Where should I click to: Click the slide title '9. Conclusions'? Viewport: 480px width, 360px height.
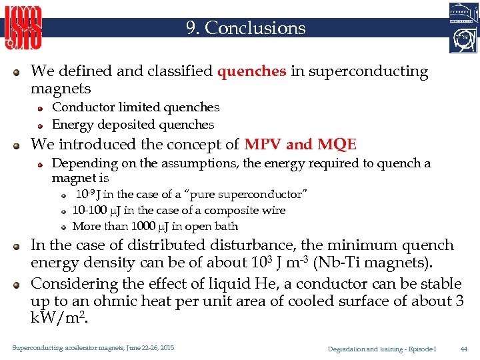[x=245, y=28]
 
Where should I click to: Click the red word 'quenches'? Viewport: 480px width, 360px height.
[x=252, y=71]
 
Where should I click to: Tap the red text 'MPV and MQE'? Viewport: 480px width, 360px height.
[x=300, y=145]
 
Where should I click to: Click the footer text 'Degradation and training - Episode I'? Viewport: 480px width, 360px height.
[x=382, y=349]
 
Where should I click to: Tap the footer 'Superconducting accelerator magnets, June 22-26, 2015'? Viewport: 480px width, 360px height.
[x=93, y=348]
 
